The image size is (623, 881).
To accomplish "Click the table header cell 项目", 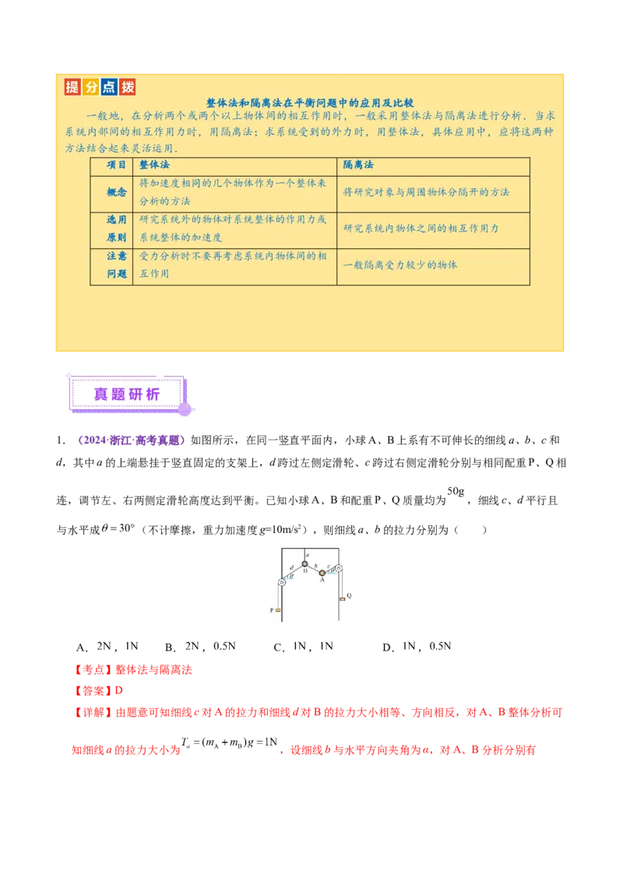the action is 111,166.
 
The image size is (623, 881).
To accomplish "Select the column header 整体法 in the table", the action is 154,166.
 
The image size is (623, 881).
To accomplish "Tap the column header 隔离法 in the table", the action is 358,166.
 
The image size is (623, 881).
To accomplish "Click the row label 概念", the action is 111,192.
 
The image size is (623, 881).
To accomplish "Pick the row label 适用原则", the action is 111,229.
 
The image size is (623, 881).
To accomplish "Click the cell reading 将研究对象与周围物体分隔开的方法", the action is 426,192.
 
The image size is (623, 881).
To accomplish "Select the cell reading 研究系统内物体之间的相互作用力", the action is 421,229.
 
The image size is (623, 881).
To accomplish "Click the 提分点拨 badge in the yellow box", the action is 99,86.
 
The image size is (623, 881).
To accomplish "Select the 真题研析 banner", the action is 126,395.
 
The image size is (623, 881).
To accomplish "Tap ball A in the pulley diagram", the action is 322,573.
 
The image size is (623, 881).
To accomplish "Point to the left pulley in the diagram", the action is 281,581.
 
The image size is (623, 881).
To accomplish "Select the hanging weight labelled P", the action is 277,610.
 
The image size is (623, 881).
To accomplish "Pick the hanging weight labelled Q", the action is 341,598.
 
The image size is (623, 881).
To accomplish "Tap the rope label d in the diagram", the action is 291,567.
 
